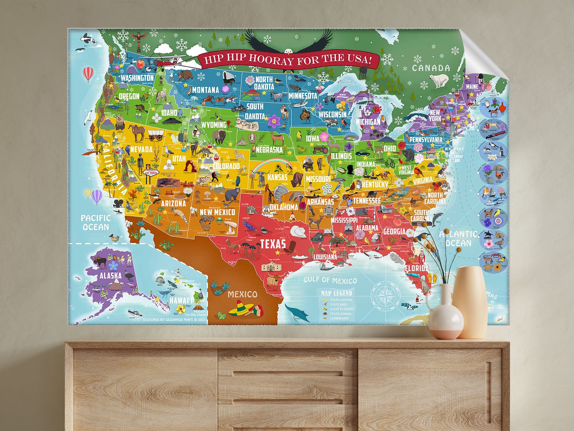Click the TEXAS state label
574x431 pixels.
[x=273, y=244]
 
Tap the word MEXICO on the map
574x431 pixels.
[x=243, y=294]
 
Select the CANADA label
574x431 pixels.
[x=431, y=68]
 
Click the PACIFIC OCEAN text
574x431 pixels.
[x=96, y=222]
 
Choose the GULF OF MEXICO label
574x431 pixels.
[x=330, y=280]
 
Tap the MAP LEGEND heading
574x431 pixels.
[x=336, y=293]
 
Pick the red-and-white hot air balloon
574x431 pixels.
[x=88, y=74]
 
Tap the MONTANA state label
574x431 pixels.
[x=205, y=90]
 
